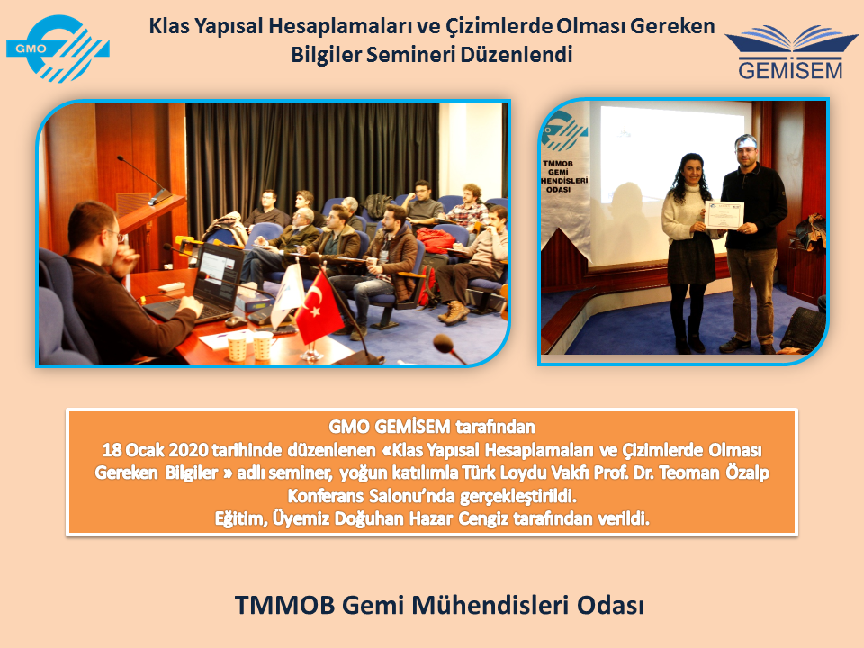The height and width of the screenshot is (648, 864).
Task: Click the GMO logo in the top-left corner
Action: click(58, 49)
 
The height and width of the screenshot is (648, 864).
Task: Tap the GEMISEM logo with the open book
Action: click(791, 52)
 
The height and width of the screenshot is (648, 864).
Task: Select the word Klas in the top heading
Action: click(169, 26)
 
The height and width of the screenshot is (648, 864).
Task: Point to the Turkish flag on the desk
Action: click(318, 308)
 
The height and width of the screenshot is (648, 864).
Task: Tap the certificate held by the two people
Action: click(724, 215)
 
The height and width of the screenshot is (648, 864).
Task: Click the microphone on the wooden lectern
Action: click(144, 180)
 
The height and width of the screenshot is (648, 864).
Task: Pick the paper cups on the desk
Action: click(249, 346)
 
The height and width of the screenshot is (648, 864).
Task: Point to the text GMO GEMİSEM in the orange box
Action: click(390, 427)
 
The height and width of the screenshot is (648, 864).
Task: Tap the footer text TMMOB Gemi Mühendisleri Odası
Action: click(440, 605)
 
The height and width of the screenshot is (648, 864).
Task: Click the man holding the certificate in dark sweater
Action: click(752, 242)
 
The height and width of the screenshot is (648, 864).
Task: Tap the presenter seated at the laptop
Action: click(124, 282)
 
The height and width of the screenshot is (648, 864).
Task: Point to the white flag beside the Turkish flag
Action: click(286, 295)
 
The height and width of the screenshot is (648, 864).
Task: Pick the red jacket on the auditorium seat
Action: click(436, 241)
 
